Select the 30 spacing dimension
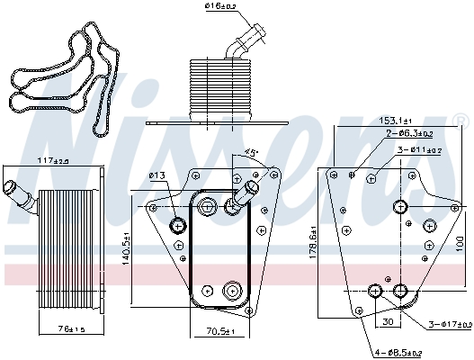coord(388,321)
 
